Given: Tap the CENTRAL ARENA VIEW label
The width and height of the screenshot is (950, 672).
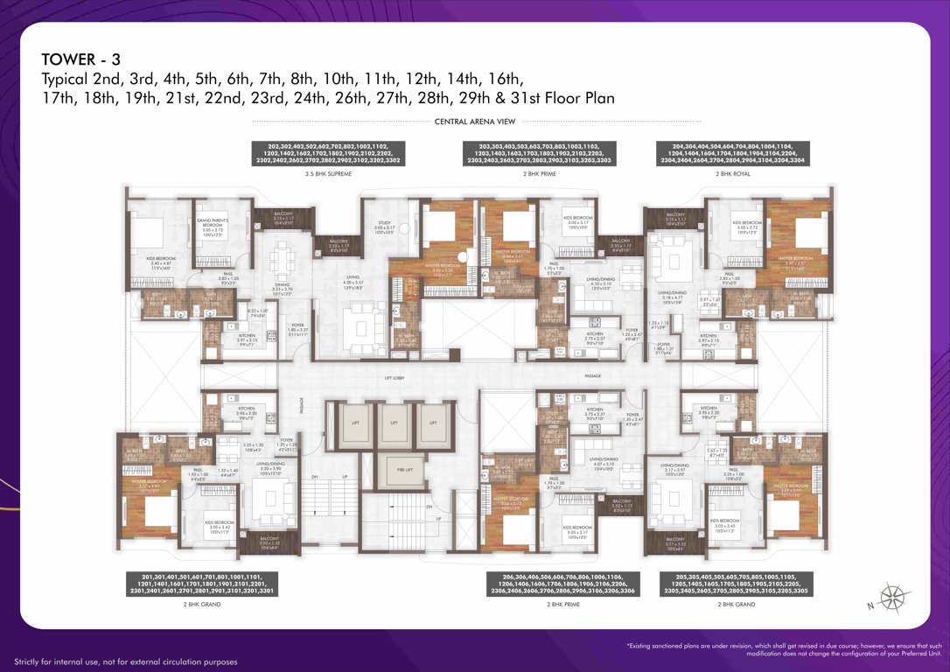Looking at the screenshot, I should point(476,122).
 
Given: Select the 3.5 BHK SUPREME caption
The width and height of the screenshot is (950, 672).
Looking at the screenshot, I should point(328,175).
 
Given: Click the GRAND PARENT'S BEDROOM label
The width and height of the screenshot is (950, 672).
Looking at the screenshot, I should point(214,226).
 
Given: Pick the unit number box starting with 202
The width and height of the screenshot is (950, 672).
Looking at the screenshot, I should point(328,153).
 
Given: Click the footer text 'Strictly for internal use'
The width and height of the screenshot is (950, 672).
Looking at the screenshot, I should point(125,661).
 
